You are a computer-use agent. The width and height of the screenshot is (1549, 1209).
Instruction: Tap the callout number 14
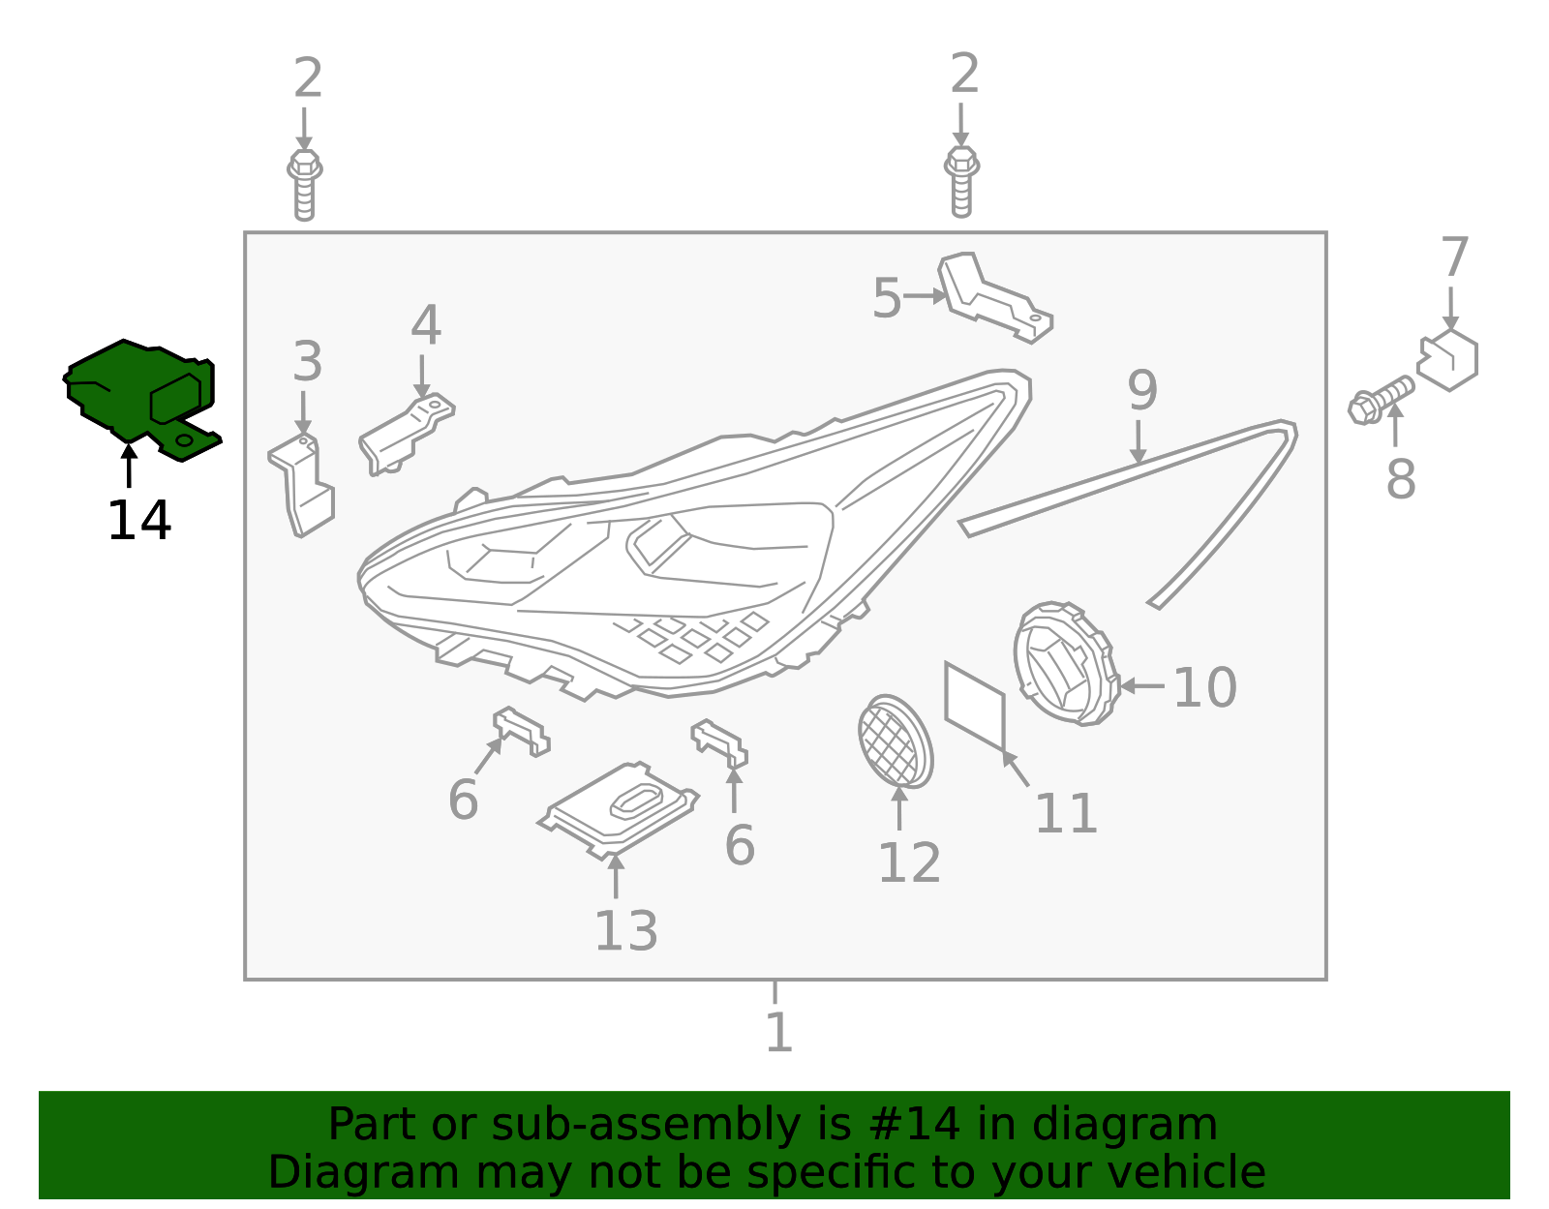(x=139, y=521)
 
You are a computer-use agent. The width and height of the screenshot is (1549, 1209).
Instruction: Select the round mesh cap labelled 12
(x=896, y=741)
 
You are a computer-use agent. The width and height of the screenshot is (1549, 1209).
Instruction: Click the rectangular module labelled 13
(x=618, y=810)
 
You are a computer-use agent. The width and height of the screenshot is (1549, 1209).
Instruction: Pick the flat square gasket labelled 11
(x=975, y=706)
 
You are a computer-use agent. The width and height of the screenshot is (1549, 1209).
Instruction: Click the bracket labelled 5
(x=993, y=298)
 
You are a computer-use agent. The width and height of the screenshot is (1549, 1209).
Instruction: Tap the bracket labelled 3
(x=302, y=486)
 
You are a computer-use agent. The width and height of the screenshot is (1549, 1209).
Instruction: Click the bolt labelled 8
(x=1381, y=401)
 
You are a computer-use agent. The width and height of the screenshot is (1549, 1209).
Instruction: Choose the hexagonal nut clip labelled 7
(x=1447, y=360)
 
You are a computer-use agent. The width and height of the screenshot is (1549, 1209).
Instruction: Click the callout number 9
(x=1142, y=390)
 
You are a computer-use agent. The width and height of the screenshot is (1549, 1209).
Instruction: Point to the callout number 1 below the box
(x=778, y=1032)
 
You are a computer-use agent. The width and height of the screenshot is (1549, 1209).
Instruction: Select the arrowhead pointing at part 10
(x=1127, y=686)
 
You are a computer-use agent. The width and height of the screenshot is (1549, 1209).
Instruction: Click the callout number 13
(x=625, y=931)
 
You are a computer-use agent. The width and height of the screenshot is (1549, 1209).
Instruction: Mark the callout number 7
(x=1454, y=257)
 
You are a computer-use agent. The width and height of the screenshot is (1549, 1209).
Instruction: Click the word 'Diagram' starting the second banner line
(x=364, y=1173)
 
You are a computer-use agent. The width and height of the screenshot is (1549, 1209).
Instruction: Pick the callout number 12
(x=910, y=863)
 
